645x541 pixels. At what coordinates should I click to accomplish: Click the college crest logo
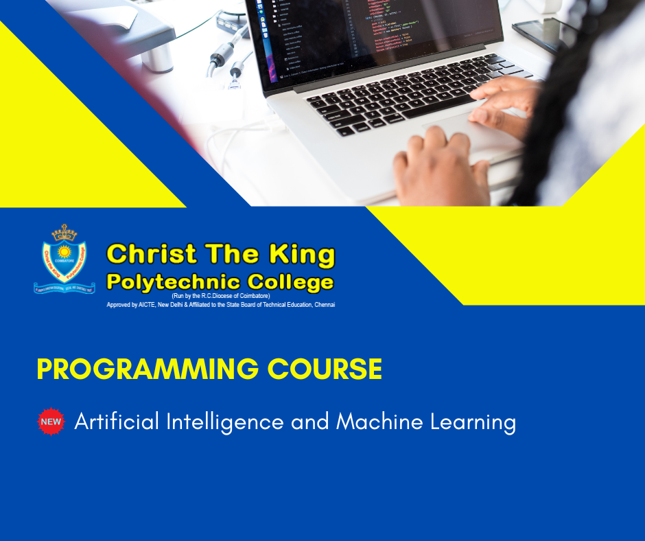click(x=65, y=259)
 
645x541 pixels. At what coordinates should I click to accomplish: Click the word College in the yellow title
click(x=290, y=281)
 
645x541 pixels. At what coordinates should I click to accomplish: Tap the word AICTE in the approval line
click(x=145, y=304)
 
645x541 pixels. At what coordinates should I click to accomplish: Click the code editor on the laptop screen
click(x=384, y=31)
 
